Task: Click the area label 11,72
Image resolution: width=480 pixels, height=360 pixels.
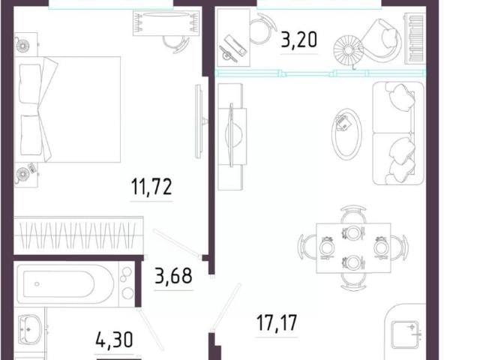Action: pos(151,187)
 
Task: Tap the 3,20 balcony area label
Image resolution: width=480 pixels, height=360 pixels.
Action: pos(298,40)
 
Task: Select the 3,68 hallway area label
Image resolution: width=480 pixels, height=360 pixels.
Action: pos(173,275)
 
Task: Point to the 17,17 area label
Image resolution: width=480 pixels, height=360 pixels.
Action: pos(277,322)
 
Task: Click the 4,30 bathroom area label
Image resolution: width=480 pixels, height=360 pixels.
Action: pos(114,340)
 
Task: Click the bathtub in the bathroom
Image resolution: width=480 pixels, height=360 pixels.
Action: pos(65,284)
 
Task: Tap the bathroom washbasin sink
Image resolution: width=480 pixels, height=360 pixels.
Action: pos(29,330)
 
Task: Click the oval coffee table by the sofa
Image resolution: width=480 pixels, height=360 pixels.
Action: pos(346,133)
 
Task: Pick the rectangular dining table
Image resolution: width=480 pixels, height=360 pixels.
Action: pos(353,248)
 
